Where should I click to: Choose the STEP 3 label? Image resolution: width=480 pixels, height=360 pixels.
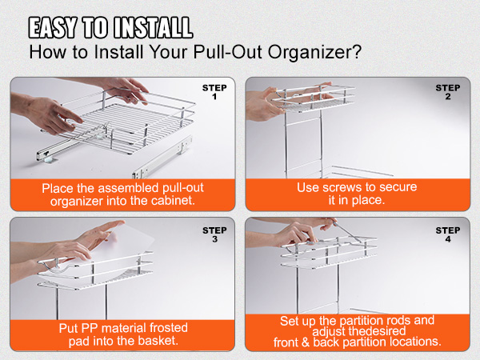(x=214, y=234)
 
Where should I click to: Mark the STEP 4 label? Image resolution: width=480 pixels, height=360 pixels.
(x=448, y=234)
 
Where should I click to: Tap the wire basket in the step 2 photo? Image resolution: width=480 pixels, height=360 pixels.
(x=328, y=104)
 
